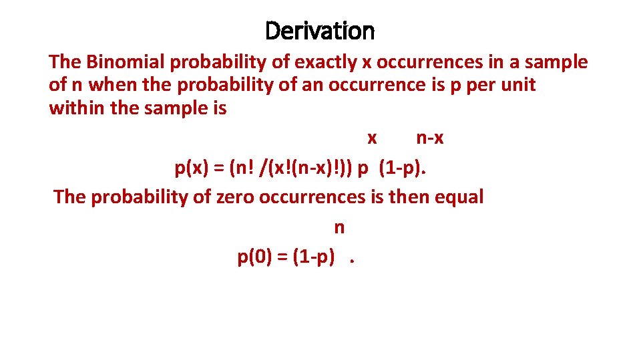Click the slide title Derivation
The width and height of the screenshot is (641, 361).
(320, 30)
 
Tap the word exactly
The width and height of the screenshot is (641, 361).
(325, 62)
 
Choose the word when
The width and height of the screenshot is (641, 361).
(110, 85)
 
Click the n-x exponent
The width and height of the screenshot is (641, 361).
(430, 138)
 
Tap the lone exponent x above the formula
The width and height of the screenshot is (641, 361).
(372, 138)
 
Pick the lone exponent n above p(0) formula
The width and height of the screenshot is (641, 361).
(339, 228)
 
